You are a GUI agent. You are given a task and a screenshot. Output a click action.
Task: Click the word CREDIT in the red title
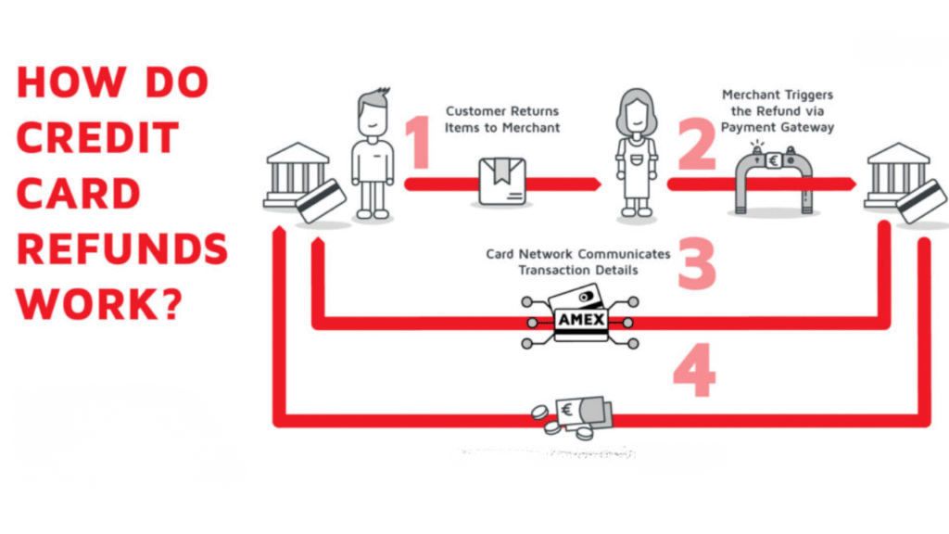pos(98,138)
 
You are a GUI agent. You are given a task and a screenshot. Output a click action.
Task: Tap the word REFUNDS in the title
pos(122,249)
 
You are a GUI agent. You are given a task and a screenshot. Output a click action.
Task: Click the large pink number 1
pos(420,143)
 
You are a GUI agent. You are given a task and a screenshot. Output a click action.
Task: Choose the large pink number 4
pos(694,372)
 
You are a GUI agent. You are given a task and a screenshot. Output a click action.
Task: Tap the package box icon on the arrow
pos(501,181)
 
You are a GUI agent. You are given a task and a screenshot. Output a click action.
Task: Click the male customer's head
pos(373,112)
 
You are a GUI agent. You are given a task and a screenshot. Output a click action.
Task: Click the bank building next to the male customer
pos(297,173)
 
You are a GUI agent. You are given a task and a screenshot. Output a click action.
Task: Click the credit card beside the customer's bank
pos(322,200)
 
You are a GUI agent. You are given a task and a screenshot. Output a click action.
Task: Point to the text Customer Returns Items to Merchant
pos(502,119)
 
